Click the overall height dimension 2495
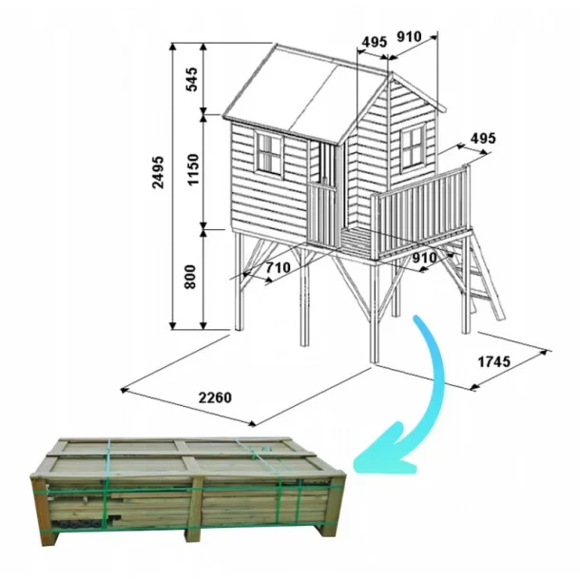point(159,172)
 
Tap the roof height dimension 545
point(192,79)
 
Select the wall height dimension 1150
point(193,170)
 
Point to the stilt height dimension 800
point(190,277)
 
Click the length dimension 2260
point(215,397)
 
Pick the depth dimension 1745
point(494,361)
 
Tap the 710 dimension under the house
point(279,267)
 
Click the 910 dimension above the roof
point(409,37)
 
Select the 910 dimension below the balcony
point(425,258)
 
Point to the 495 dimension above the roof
point(375,42)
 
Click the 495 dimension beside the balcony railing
point(483,138)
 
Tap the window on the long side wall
point(270,154)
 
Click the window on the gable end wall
point(413,146)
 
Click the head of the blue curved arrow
point(385,452)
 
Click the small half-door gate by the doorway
point(322,214)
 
